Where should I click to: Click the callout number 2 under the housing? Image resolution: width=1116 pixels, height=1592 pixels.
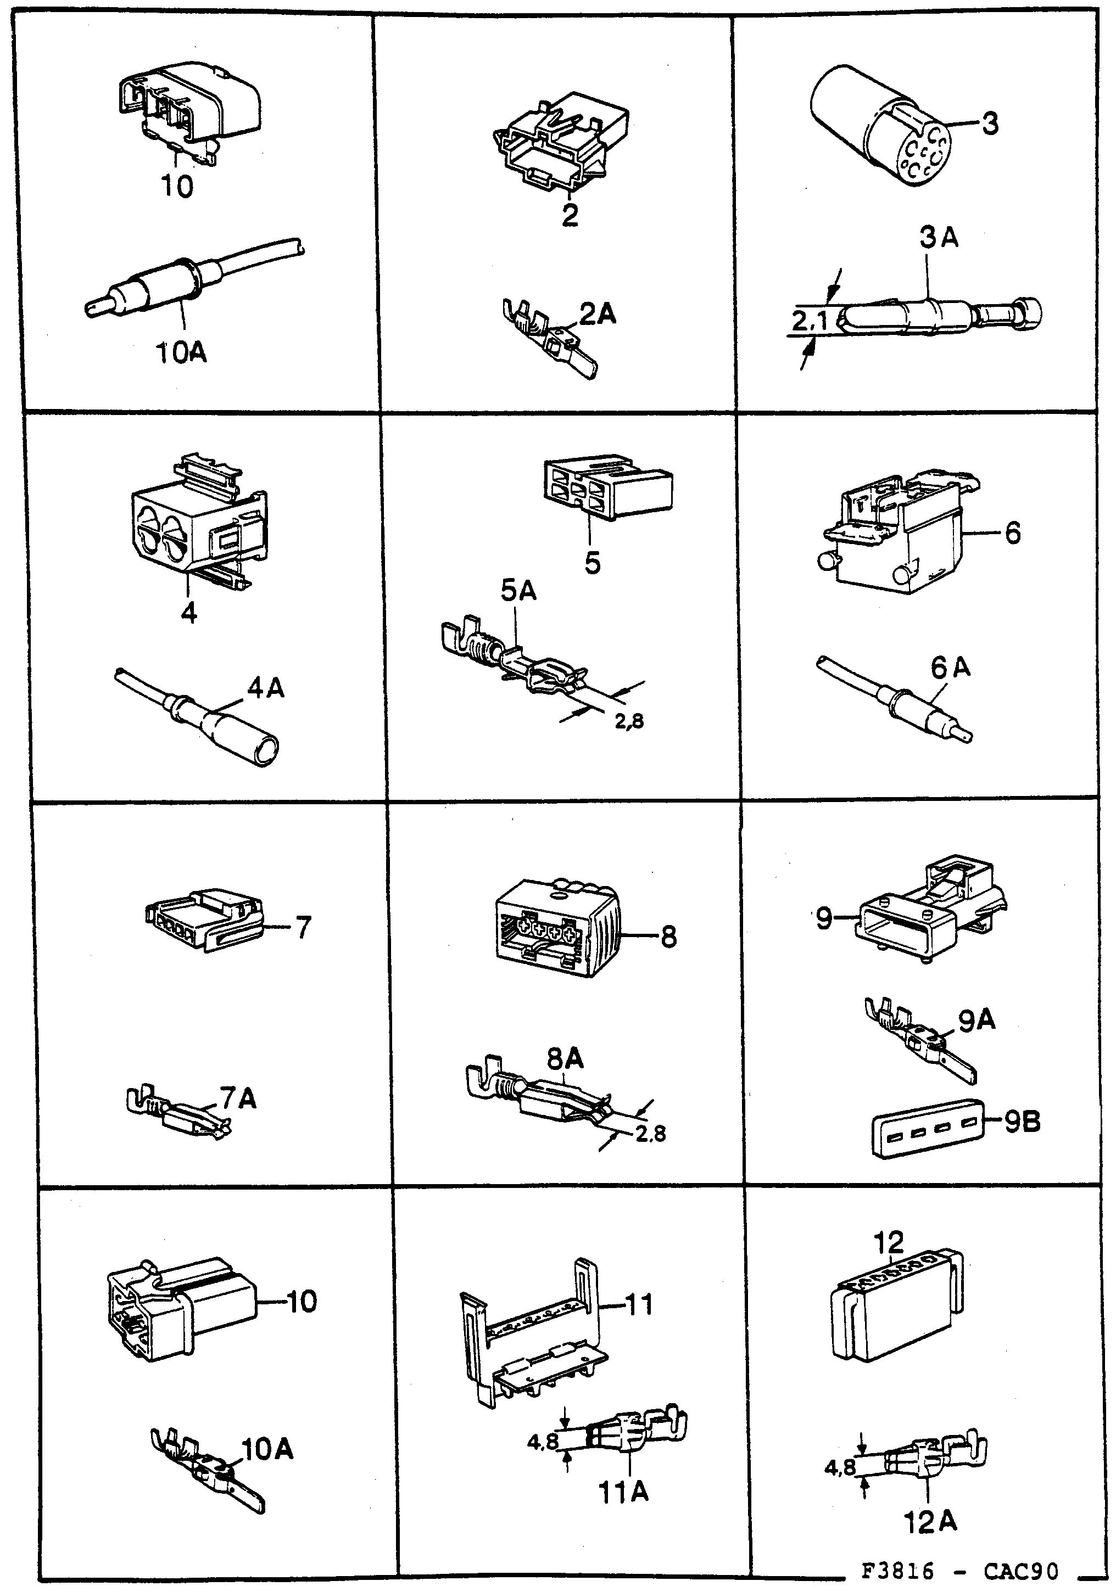coord(570,216)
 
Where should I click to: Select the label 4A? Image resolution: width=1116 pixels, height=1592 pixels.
coord(266,688)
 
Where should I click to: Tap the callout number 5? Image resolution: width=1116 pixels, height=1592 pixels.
coord(592,562)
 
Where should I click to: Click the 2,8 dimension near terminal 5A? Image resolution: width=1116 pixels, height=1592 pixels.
coord(629,722)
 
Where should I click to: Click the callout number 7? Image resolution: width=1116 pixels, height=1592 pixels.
coord(303,927)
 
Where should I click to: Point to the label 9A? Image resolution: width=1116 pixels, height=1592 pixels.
coord(976,1020)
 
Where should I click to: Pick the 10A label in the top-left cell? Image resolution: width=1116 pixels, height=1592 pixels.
coord(181,353)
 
